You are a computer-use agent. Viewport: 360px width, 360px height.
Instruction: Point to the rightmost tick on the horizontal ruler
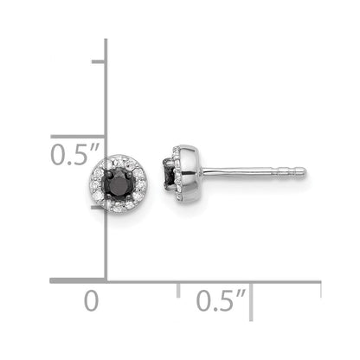[x=319, y=288]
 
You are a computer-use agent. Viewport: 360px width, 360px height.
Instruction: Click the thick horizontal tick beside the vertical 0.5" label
[x=78, y=136]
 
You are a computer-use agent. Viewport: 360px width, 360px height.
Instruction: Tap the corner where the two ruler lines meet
[x=106, y=280]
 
